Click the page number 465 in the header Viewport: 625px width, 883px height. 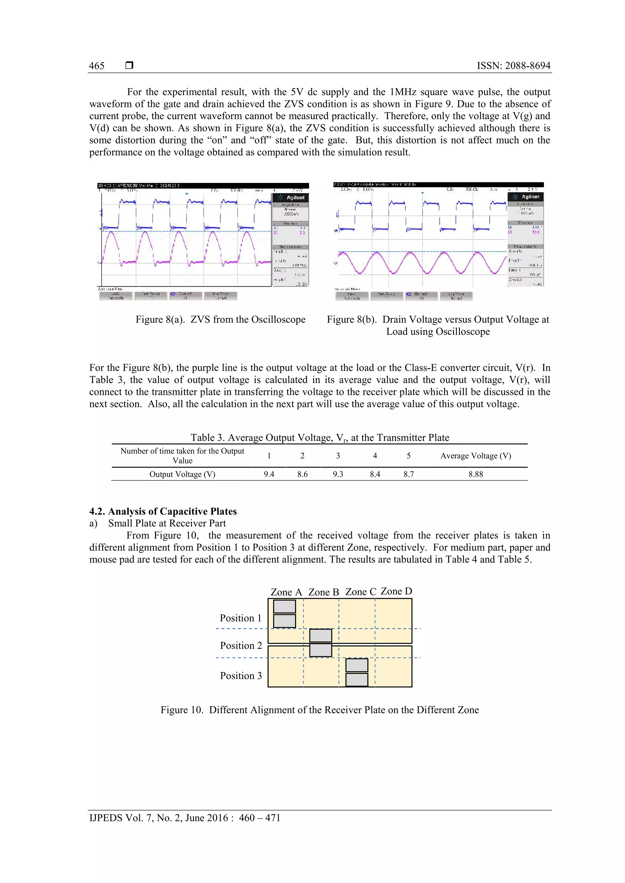point(97,66)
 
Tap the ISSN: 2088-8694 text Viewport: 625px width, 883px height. point(513,66)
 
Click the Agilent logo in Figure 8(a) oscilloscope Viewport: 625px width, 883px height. point(291,197)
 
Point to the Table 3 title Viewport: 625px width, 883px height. point(320,438)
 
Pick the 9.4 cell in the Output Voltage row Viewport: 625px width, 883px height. point(269,474)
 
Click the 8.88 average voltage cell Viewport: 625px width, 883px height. point(476,474)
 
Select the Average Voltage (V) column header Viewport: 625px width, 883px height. point(476,456)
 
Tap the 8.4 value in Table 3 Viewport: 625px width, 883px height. point(375,474)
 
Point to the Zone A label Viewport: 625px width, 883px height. point(286,592)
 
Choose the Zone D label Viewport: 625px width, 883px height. point(396,591)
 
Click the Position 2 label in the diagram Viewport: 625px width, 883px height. point(241,645)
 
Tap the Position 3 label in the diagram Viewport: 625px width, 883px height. point(241,676)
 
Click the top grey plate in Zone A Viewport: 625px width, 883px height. point(284,606)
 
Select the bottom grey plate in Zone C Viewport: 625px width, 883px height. point(357,680)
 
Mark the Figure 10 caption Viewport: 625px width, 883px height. point(320,710)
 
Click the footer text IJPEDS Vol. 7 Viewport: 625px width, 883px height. point(185,818)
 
